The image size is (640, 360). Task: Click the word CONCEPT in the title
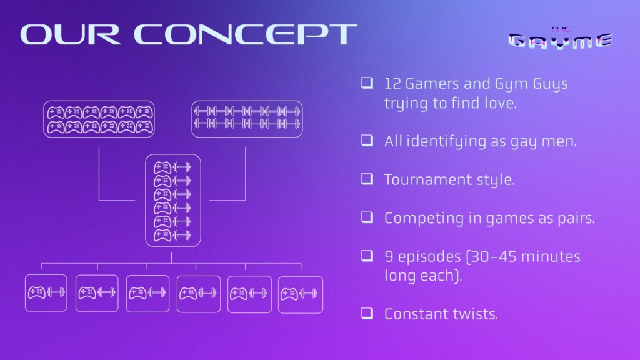pyautogui.click(x=246, y=34)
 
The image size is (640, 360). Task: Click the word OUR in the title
pyautogui.click(x=70, y=34)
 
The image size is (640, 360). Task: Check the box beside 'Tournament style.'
pyautogui.click(x=367, y=179)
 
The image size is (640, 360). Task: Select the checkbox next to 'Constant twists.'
pyautogui.click(x=367, y=313)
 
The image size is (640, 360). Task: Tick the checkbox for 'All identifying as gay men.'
pyautogui.click(x=367, y=141)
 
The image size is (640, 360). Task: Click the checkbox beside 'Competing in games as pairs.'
pyautogui.click(x=367, y=217)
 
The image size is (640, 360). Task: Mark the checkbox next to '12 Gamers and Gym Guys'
pyautogui.click(x=367, y=83)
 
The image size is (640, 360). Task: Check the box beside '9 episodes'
pyautogui.click(x=367, y=256)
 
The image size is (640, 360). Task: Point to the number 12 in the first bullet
pyautogui.click(x=392, y=84)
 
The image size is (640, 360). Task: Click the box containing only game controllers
pyautogui.click(x=99, y=119)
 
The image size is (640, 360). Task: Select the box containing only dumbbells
pyautogui.click(x=247, y=119)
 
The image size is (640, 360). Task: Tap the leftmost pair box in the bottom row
pyautogui.click(x=46, y=293)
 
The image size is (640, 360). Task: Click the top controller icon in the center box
pyautogui.click(x=162, y=167)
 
